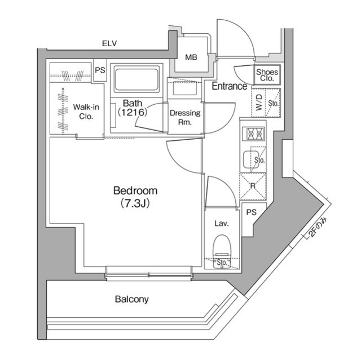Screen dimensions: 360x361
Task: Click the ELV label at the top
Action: coord(109,43)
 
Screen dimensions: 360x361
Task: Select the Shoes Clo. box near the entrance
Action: coord(266,75)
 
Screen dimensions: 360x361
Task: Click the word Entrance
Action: coord(229,86)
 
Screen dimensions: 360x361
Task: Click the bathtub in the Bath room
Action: coord(137,78)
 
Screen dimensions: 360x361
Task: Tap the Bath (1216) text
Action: coord(133,108)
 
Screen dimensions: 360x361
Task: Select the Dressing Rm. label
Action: coord(185,117)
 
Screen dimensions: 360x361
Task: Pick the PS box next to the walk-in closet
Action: coord(100,70)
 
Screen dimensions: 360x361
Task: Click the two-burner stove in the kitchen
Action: coord(252,134)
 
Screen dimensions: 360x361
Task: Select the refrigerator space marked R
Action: coord(252,185)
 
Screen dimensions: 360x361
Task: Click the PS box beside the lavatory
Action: coord(252,212)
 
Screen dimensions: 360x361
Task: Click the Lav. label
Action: coord(221,224)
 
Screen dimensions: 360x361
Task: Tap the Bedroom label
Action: coord(135,190)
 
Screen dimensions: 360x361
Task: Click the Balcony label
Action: coord(131,299)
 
